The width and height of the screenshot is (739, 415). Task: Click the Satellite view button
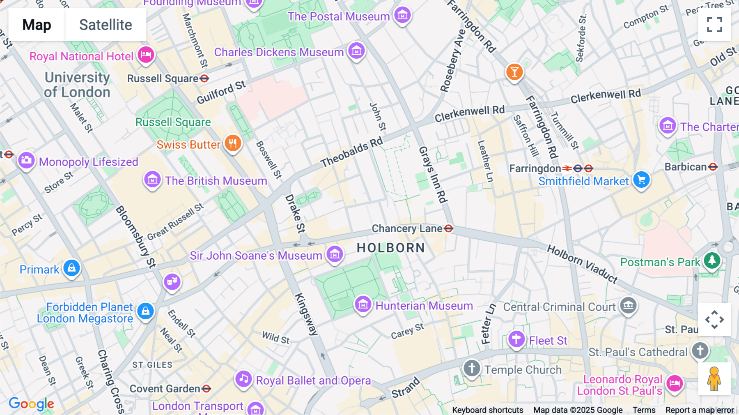point(106,25)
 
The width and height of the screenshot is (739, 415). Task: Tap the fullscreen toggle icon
point(714,25)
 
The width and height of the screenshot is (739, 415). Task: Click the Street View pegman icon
point(714,379)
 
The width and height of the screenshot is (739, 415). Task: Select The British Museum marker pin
point(152,180)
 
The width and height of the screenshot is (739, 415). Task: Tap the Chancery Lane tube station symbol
point(448,228)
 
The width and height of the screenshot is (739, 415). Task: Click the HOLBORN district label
point(390,248)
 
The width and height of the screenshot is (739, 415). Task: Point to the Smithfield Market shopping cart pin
point(641,180)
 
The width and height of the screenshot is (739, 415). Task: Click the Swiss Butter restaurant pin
point(233,143)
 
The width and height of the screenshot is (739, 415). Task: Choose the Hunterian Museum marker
point(363,305)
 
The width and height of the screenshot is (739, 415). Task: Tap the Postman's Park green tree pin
point(712,260)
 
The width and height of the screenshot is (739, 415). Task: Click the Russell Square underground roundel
point(204,78)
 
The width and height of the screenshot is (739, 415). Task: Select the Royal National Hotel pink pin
point(146,55)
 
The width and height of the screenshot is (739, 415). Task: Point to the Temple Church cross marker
point(472,368)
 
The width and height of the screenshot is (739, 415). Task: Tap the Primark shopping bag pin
point(72,268)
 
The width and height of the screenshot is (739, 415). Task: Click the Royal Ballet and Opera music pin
point(243,379)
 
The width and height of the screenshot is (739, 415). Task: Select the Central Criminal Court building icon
point(628,305)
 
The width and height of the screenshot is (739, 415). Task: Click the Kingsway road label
point(306,314)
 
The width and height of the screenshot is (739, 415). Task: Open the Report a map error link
point(699,410)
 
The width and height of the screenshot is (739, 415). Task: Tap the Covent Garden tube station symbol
point(206,388)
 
